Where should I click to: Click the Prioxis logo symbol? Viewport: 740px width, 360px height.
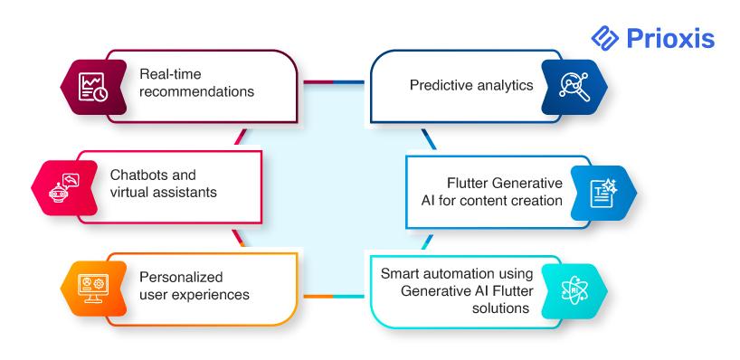click(x=604, y=38)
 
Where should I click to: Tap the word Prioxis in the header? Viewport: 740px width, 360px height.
click(x=670, y=39)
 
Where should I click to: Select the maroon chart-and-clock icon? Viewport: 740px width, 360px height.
click(x=93, y=87)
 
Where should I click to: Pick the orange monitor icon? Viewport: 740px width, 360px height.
click(x=93, y=289)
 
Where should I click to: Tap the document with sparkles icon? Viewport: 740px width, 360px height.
click(x=603, y=193)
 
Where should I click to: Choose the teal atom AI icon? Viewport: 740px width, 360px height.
click(x=574, y=290)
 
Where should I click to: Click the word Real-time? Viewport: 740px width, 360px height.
click(x=170, y=74)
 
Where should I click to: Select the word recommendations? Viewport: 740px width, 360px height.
click(x=197, y=91)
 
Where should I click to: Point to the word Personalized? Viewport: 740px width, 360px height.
click(x=181, y=277)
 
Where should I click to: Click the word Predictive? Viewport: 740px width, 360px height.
click(x=440, y=85)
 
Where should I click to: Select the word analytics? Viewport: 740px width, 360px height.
click(x=504, y=85)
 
